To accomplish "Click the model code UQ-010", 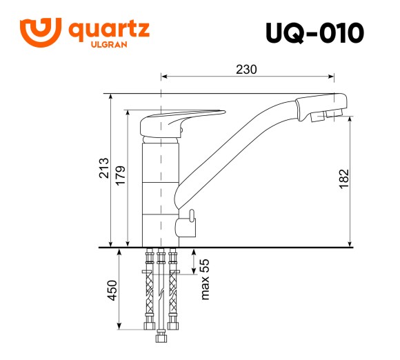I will pyautogui.click(x=314, y=32).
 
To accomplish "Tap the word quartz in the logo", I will pyautogui.click(x=109, y=30).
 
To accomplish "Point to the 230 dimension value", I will pyautogui.click(x=246, y=69).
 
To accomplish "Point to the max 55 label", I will pyautogui.click(x=204, y=279).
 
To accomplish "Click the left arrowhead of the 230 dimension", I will pyautogui.click(x=164, y=77).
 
